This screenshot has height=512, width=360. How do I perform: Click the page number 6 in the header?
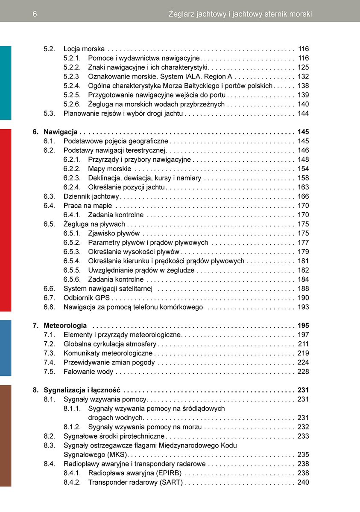(35, 14)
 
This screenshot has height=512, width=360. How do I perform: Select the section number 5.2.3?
(72, 77)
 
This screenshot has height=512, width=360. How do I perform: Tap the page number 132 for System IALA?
(303, 77)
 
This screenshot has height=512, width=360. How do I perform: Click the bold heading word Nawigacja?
(60, 132)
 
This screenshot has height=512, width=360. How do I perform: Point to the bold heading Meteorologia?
(65, 326)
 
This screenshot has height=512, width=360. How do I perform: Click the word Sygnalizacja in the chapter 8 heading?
(64, 390)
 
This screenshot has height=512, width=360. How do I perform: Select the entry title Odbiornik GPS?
(87, 298)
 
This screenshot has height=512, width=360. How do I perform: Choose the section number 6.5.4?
(72, 261)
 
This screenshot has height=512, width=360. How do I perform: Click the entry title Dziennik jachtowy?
(91, 196)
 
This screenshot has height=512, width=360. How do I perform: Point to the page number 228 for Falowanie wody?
(303, 372)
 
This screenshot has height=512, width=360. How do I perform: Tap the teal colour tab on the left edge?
(6, 83)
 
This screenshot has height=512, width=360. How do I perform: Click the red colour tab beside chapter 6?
(6, 220)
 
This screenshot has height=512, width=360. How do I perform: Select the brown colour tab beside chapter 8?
(6, 436)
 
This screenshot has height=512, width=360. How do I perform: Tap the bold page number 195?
(303, 326)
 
